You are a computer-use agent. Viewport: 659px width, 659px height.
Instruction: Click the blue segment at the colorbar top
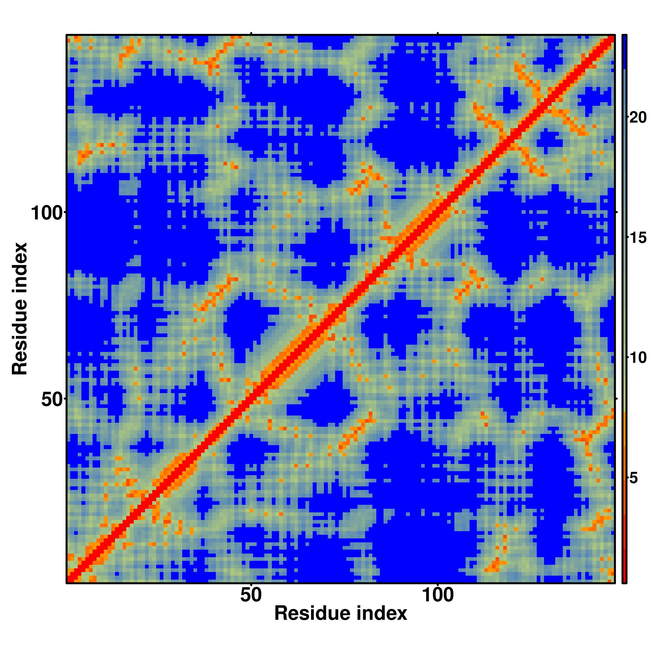coord(624,51)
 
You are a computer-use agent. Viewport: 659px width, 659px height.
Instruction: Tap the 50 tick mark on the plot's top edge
coord(251,33)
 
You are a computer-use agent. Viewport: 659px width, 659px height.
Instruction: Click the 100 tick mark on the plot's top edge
coord(438,33)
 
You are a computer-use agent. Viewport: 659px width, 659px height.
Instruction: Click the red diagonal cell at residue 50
coord(251,398)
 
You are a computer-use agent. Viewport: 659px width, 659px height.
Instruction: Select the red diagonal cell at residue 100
coord(438,212)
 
